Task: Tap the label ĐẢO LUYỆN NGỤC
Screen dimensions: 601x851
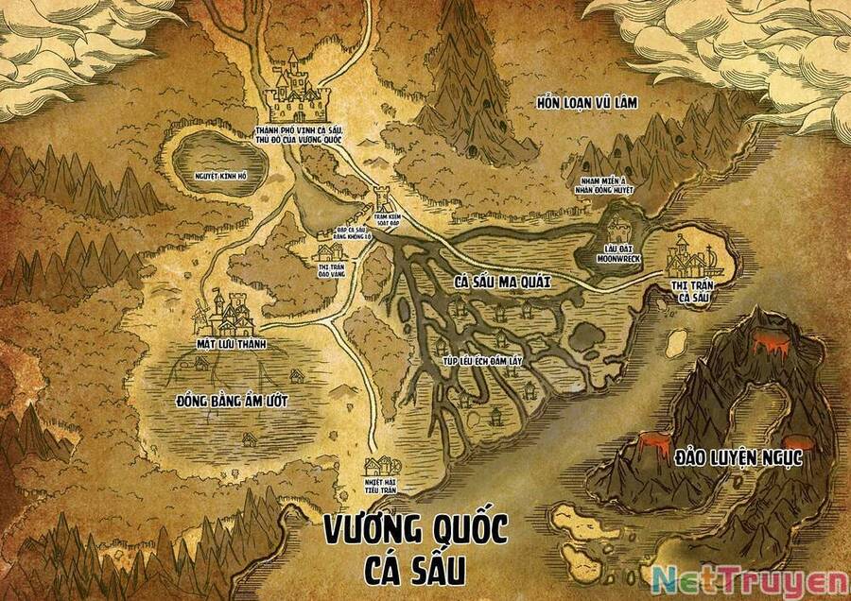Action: coord(738,457)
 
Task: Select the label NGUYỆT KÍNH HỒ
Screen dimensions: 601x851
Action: coord(220,176)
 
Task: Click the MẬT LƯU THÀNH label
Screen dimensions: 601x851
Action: coord(227,345)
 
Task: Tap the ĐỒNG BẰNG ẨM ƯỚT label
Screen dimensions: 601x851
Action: coord(232,401)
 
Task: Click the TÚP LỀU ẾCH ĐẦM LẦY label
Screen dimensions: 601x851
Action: coord(477,361)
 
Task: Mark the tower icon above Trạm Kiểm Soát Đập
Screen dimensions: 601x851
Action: coord(384,199)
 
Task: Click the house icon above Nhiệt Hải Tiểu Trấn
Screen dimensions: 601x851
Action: coord(381,464)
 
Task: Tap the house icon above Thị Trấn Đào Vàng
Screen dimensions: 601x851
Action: coord(328,251)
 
